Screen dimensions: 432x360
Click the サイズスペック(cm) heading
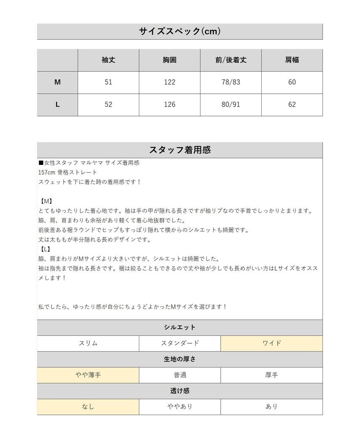[x=180, y=31]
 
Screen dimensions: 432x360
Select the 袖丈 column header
[x=108, y=60]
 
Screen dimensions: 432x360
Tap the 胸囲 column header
[x=170, y=60]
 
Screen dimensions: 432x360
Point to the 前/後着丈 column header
[x=230, y=60]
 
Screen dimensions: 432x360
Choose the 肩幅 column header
[x=292, y=60]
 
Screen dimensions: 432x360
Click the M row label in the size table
[x=57, y=82]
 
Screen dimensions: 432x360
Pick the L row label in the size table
[x=57, y=105]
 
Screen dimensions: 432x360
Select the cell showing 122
[x=170, y=82]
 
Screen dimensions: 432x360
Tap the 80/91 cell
[x=230, y=105]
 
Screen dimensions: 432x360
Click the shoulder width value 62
[x=292, y=105]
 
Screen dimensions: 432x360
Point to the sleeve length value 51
[x=108, y=82]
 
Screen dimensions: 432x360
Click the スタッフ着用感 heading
[x=180, y=150]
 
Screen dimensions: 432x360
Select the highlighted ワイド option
[x=271, y=343]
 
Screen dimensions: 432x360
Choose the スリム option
[x=88, y=343]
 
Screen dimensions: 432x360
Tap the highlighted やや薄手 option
[x=88, y=375]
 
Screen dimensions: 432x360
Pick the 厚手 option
[x=271, y=375]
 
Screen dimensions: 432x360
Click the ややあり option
[x=180, y=407]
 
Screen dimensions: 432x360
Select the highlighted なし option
[x=88, y=407]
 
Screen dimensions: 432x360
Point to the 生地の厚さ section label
[x=180, y=359]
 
